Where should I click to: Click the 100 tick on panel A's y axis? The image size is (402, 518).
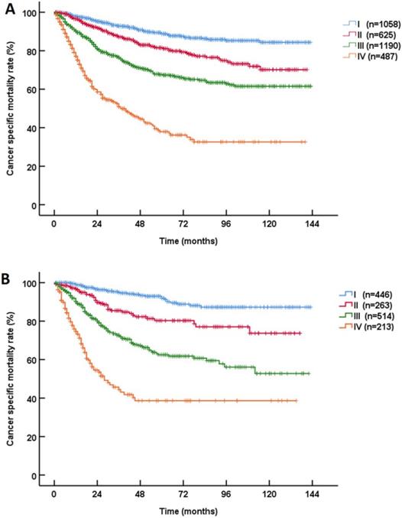(x=31, y=14)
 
